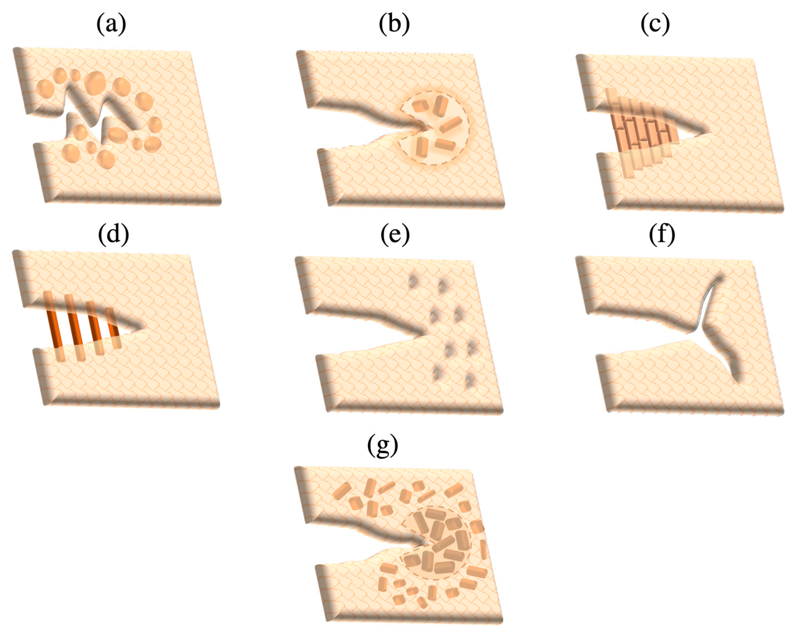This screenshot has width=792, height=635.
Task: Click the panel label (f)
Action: (662, 235)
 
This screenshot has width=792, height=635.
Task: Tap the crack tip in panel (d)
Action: (144, 327)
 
